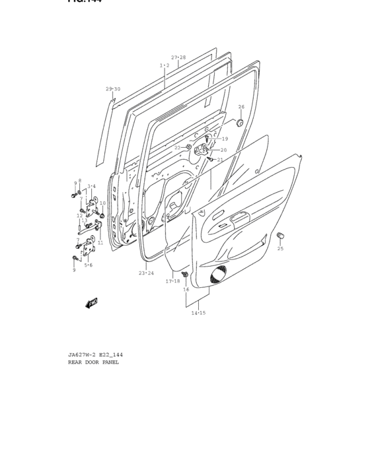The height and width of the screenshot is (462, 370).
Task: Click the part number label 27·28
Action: coord(178,57)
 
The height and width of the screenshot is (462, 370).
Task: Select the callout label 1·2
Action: coord(165,65)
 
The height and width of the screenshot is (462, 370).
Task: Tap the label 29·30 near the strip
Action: coord(113,89)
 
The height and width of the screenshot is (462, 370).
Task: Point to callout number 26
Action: coord(241,106)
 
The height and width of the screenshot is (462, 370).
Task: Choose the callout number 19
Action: coord(225,139)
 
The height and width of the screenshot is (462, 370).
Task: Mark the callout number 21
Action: coord(220,160)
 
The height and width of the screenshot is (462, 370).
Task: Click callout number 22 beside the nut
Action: coord(178,147)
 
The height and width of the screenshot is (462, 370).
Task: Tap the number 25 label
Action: coord(280,249)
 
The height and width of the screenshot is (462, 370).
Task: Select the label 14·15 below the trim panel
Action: coord(198,313)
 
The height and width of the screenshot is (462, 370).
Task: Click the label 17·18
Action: coord(172,281)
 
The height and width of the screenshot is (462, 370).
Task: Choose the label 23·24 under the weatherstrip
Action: coord(146,273)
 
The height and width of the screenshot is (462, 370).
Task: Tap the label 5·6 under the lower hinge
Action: coord(88,265)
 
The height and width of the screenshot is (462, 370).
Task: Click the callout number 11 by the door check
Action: coord(100,243)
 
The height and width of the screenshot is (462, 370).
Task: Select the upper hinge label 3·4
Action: coord(91,186)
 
